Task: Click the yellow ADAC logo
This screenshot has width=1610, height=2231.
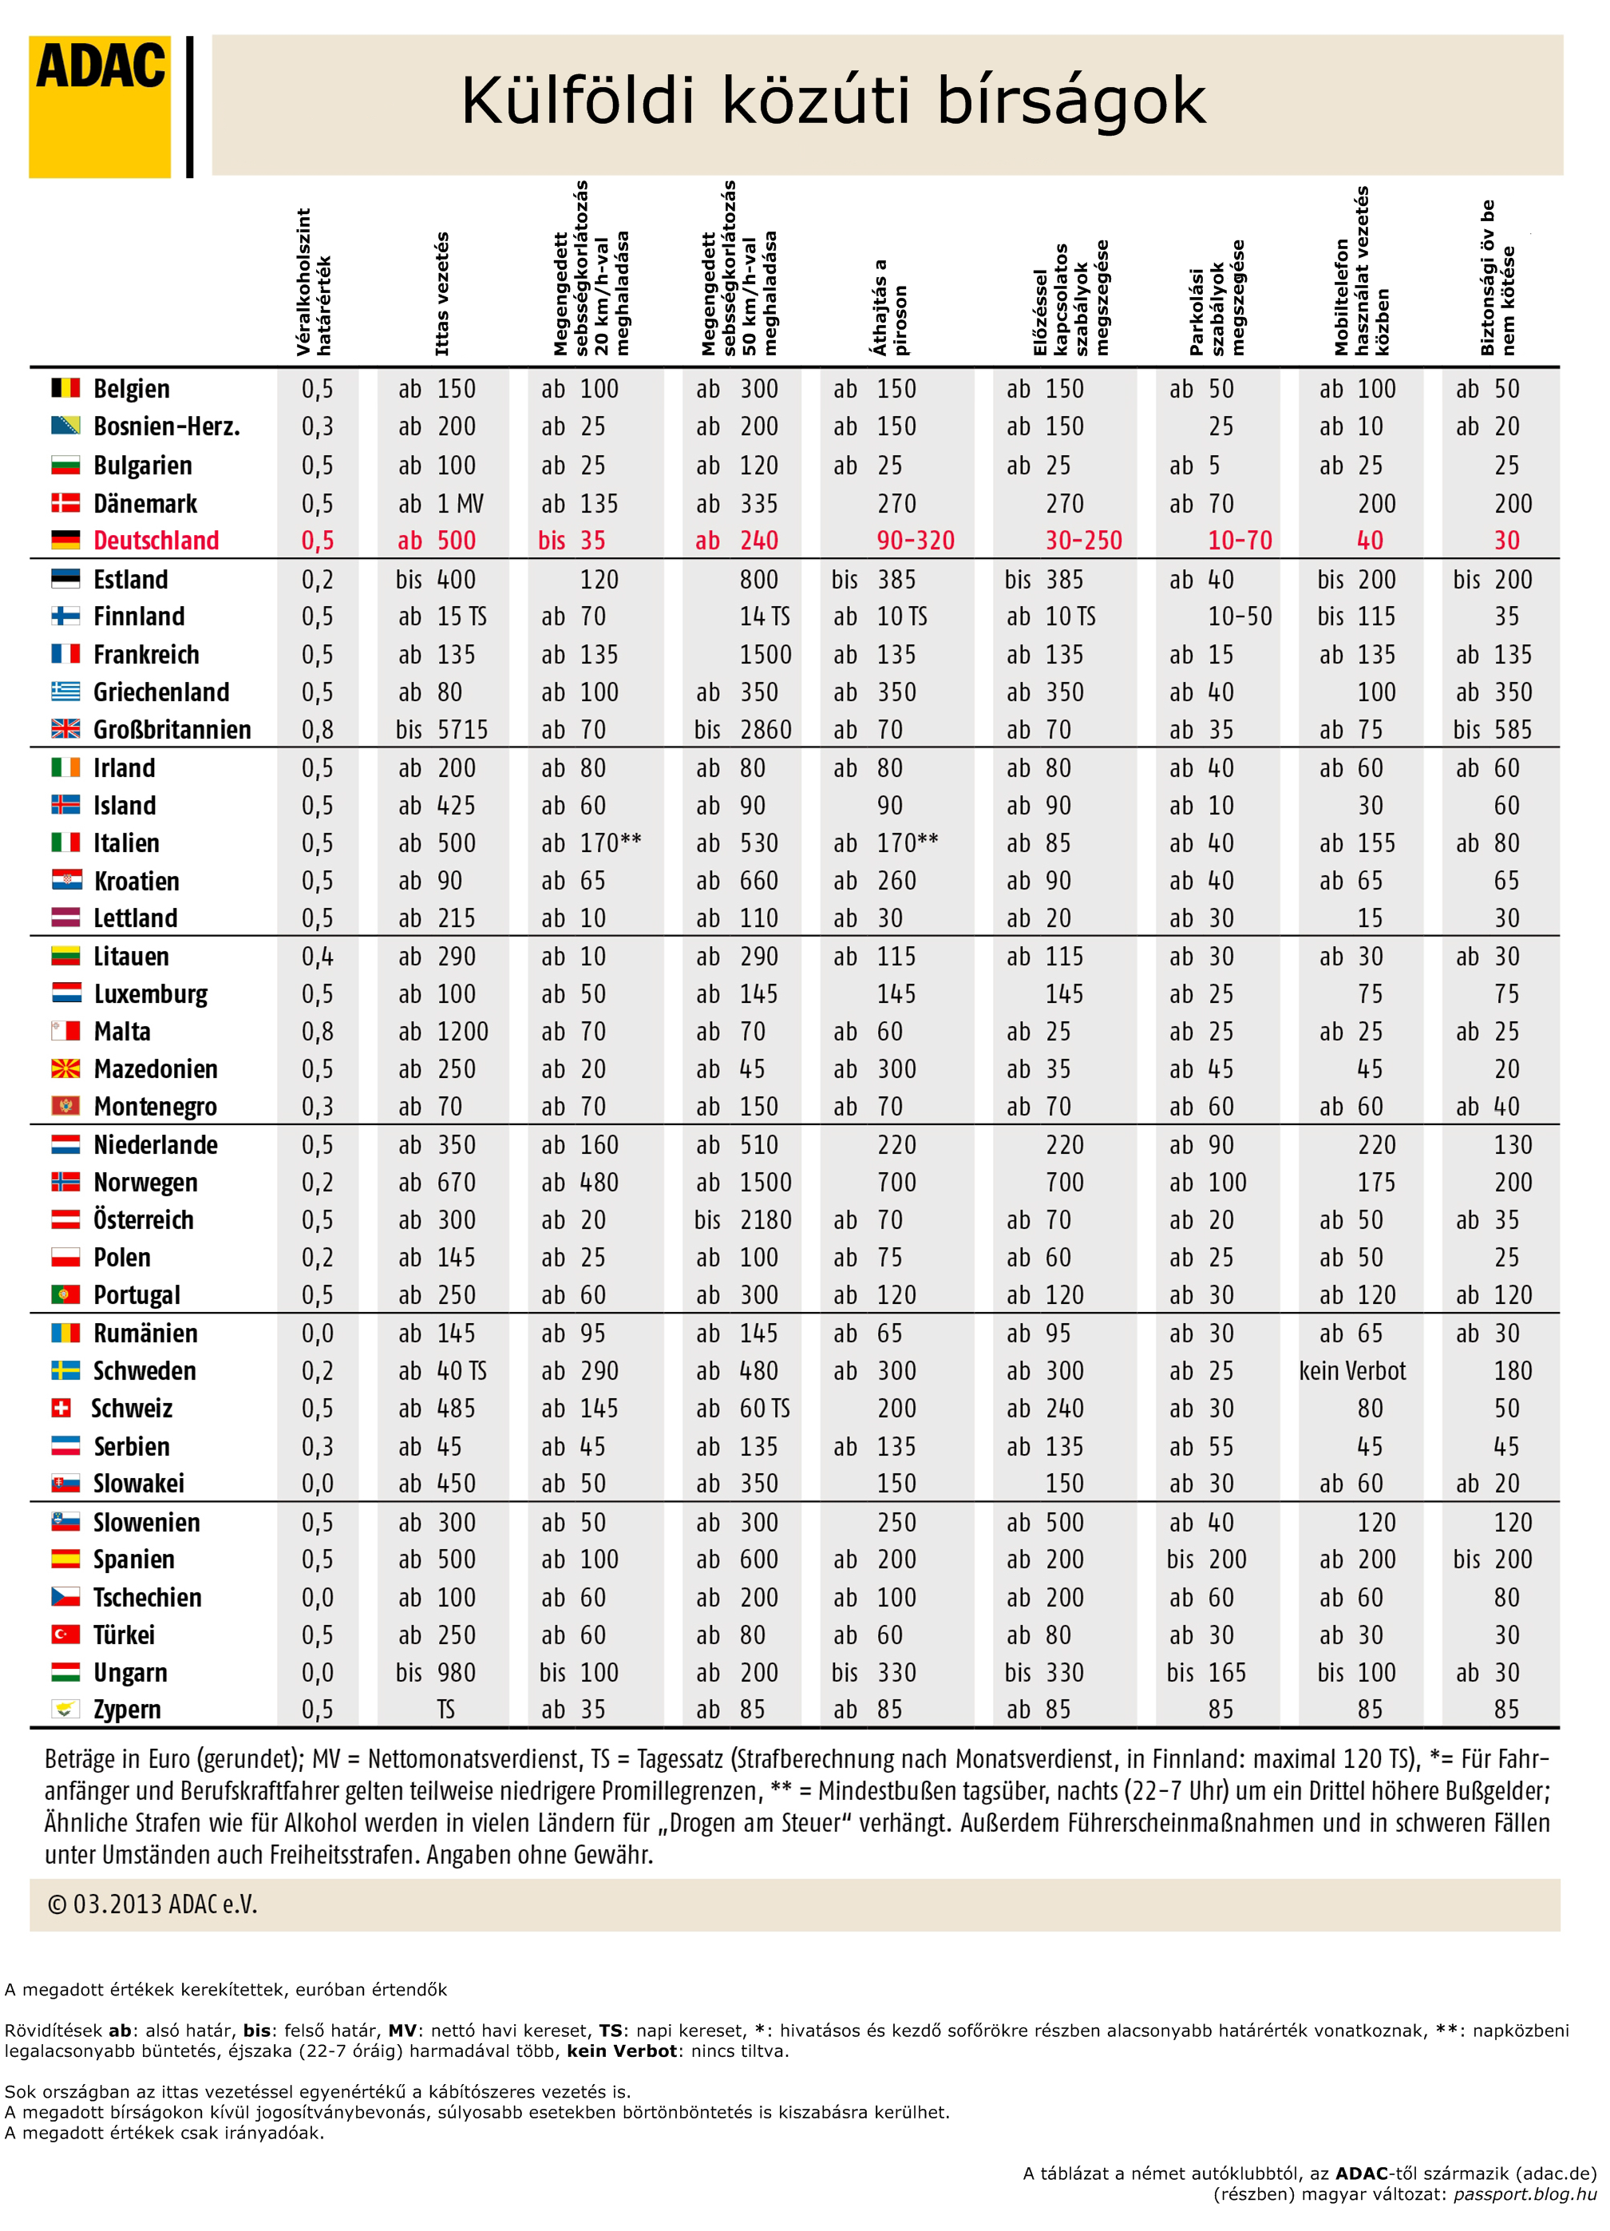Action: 99,106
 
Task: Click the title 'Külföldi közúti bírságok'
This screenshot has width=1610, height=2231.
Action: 833,101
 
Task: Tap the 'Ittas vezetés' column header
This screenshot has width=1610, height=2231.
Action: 441,293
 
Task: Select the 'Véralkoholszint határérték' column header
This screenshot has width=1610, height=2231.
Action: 314,281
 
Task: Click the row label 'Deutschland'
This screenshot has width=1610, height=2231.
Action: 156,540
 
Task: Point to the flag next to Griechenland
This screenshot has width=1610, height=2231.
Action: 66,691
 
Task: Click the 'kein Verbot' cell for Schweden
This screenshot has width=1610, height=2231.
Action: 1352,1370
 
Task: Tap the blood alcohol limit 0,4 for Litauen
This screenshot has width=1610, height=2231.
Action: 318,956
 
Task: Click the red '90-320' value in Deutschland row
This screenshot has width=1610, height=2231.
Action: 916,540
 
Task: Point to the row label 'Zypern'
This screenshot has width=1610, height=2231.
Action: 127,1710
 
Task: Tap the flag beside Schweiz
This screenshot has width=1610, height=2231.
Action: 61,1408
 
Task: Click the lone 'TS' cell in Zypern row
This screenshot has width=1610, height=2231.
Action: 446,1710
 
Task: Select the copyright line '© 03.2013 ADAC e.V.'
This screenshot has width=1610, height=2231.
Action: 152,1904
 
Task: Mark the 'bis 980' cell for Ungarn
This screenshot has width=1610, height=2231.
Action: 436,1672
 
